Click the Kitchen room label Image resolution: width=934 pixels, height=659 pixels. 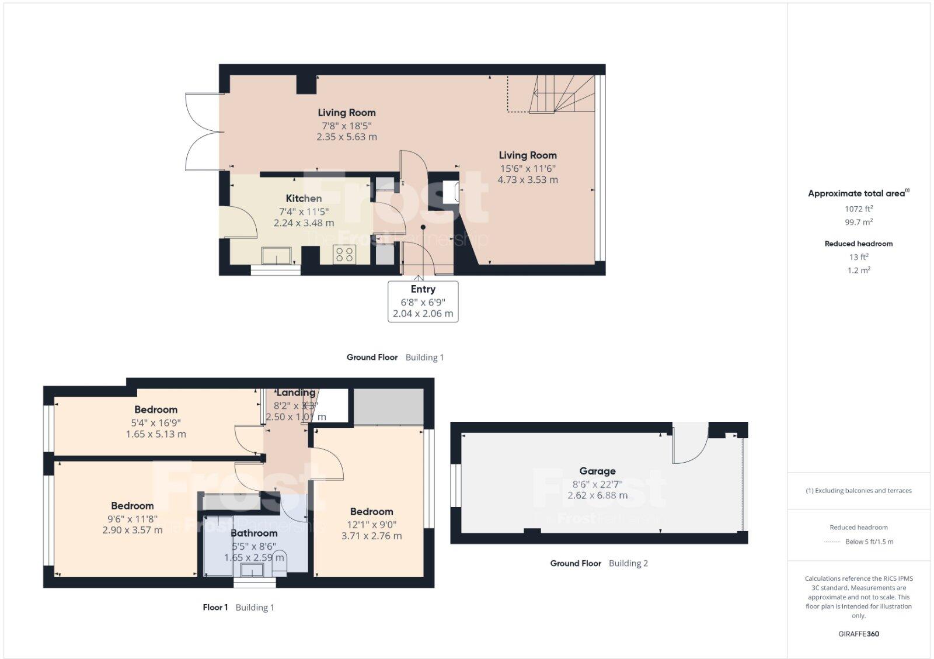pyautogui.click(x=304, y=199)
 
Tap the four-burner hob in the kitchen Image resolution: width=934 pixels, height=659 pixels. pyautogui.click(x=344, y=254)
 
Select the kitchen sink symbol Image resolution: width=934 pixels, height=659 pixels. pyautogui.click(x=277, y=255)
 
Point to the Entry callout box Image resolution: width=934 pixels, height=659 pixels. pyautogui.click(x=423, y=301)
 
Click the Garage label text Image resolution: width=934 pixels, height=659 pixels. pyautogui.click(x=597, y=471)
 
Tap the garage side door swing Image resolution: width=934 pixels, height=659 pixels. pyautogui.click(x=689, y=444)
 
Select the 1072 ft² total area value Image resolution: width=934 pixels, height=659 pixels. pyautogui.click(x=859, y=209)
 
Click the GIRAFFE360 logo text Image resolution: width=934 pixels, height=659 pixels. pyautogui.click(x=859, y=634)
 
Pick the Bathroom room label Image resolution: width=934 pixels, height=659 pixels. pyautogui.click(x=254, y=533)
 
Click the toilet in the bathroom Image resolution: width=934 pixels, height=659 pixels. pyautogui.click(x=280, y=562)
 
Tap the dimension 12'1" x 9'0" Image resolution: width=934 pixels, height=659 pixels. pyautogui.click(x=371, y=524)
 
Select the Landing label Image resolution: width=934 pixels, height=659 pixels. pyautogui.click(x=296, y=393)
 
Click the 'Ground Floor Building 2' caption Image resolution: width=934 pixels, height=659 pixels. pyautogui.click(x=599, y=563)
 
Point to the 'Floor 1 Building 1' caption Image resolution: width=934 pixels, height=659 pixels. pyautogui.click(x=238, y=608)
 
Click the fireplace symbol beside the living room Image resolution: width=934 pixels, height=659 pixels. pyautogui.click(x=451, y=192)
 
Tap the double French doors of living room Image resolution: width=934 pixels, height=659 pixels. pyautogui.click(x=203, y=132)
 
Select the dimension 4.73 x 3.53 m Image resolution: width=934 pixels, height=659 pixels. pyautogui.click(x=527, y=180)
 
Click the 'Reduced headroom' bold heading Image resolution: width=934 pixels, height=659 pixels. pyautogui.click(x=859, y=244)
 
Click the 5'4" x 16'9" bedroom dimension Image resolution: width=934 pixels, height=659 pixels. pyautogui.click(x=156, y=422)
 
